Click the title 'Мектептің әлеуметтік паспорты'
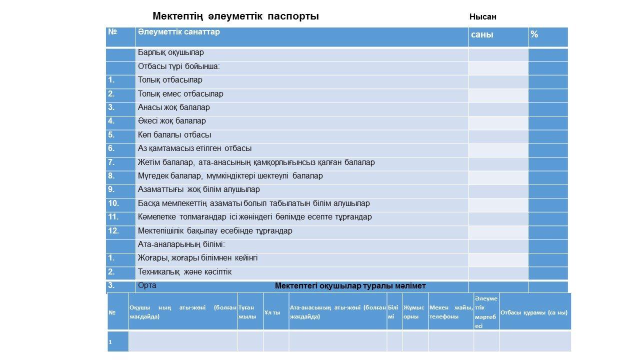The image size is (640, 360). point(235,16)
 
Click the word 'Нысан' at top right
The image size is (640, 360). point(482,17)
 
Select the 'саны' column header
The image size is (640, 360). point(482,34)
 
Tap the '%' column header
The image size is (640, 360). point(534,34)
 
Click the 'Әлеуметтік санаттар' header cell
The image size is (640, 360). point(178,32)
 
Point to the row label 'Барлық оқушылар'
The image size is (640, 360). point(170,52)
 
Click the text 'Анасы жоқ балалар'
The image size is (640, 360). point(173,107)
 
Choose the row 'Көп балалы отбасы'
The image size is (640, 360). point(174,135)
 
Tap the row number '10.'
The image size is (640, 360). point(113,203)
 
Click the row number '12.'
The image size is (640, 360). point(113,231)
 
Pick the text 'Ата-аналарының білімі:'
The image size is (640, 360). point(181,244)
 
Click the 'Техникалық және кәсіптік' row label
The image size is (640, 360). point(184,272)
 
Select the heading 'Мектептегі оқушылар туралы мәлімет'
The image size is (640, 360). point(350,286)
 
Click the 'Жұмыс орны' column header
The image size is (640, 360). point(414,312)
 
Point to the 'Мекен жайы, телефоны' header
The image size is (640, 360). point(450,312)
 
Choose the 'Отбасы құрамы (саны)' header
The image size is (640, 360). point(533,312)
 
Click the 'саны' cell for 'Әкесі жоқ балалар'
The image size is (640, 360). point(497,121)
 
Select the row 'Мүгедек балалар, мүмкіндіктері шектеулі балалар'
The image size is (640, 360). point(230,176)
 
